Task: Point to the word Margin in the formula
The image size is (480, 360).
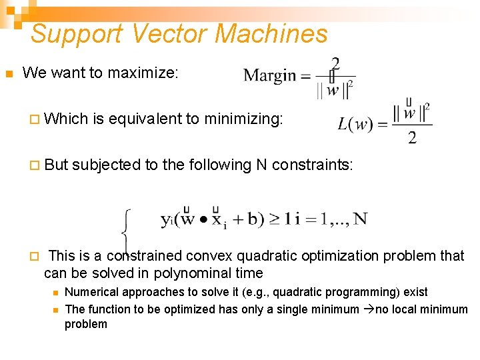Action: [x=269, y=75]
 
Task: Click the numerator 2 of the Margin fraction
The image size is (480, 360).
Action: [x=335, y=63]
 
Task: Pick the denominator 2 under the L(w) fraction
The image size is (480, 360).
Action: [x=412, y=138]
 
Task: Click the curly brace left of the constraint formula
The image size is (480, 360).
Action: [x=126, y=231]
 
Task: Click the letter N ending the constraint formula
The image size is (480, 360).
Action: [x=360, y=219]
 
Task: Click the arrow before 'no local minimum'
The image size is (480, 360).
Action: [x=365, y=309]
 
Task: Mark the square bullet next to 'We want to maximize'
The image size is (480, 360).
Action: [x=9, y=73]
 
